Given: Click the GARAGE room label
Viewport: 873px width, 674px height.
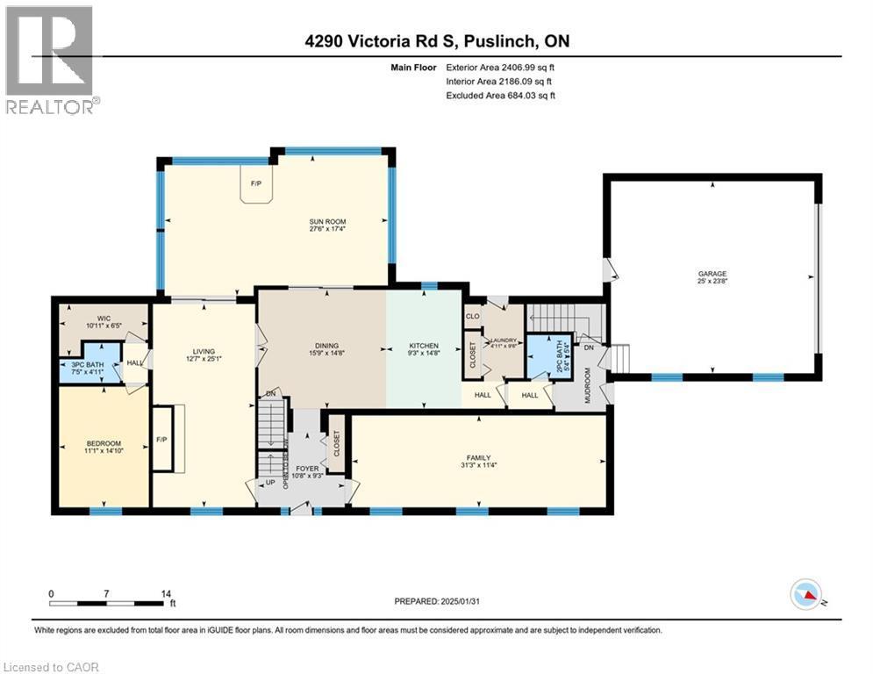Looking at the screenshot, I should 712,274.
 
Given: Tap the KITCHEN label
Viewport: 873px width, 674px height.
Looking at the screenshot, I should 424,346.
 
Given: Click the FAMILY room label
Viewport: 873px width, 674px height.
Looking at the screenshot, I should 478,457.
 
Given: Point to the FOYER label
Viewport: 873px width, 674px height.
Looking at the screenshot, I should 307,469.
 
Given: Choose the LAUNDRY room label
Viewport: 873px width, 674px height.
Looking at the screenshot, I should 503,340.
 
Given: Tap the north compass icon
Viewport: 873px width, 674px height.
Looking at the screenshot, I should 805,597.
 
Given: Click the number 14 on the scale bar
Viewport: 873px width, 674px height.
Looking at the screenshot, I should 165,593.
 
